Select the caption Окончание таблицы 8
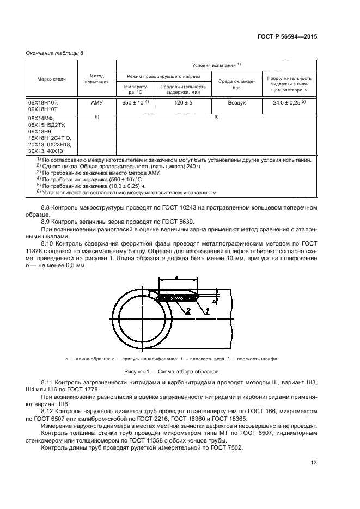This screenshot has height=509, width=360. coord(55,52)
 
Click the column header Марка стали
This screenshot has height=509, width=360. coord(51,79)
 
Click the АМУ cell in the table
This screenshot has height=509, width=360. coord(96,102)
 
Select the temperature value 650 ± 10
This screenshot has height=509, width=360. coord(133,102)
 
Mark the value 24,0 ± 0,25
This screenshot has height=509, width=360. coord(287,102)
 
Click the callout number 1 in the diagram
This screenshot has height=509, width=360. coord(206,311)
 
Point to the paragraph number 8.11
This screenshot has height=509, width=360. coord(48,384)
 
